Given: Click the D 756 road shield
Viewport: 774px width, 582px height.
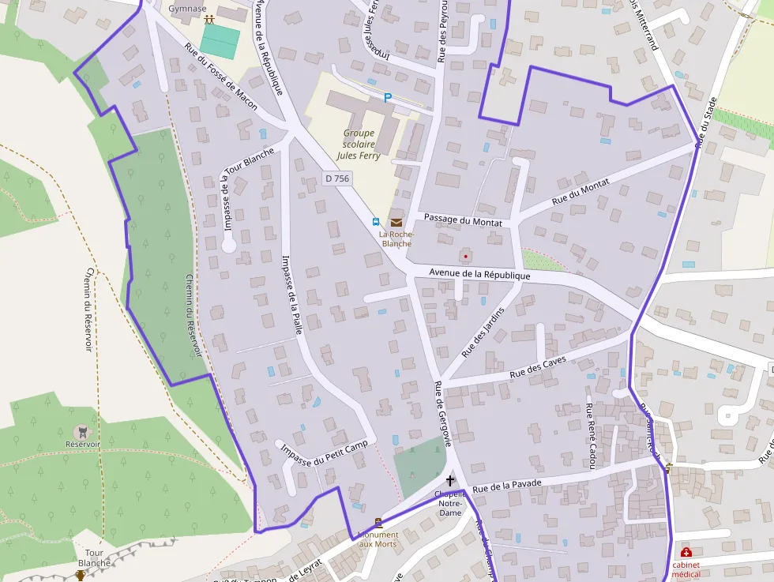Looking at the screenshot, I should [336, 178].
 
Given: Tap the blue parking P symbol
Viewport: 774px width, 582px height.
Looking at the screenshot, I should [387, 98].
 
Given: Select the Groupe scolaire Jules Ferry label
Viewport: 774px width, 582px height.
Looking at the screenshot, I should [359, 145].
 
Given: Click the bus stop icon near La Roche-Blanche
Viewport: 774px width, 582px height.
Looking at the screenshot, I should [377, 222].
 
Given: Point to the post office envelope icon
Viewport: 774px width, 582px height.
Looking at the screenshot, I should [396, 222].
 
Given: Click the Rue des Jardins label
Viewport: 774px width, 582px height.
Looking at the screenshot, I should [483, 329].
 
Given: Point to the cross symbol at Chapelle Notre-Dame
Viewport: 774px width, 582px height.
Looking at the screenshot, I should [450, 480].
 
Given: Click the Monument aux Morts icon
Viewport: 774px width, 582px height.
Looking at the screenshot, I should [378, 522].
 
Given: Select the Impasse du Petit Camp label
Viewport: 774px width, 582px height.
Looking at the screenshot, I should [325, 453].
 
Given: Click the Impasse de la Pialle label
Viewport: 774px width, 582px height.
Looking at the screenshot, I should [291, 295].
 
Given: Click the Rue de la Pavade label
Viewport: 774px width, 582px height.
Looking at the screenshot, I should [506, 486].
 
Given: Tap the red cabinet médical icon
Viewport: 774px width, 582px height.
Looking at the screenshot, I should [686, 552].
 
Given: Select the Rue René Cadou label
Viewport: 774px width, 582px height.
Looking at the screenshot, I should [589, 437].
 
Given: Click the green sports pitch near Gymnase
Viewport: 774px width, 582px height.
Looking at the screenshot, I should [219, 42].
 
